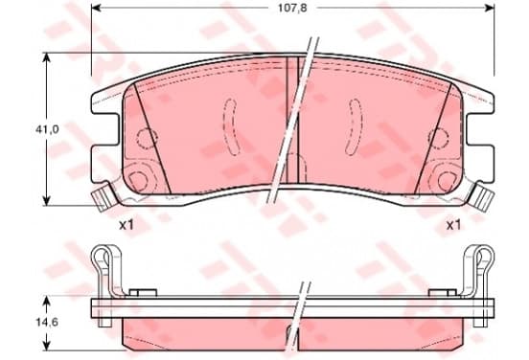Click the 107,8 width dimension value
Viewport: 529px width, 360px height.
(292, 8)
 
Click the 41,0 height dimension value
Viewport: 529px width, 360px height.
(47, 129)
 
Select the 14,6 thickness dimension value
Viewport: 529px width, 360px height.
(47, 322)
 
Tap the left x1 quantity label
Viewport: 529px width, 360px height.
(126, 225)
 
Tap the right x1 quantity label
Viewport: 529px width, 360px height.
(453, 225)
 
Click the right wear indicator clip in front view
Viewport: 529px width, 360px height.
(482, 197)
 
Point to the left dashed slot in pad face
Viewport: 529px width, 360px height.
(232, 127)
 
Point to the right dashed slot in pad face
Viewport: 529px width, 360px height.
(354, 127)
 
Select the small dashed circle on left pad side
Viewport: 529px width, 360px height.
(147, 138)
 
